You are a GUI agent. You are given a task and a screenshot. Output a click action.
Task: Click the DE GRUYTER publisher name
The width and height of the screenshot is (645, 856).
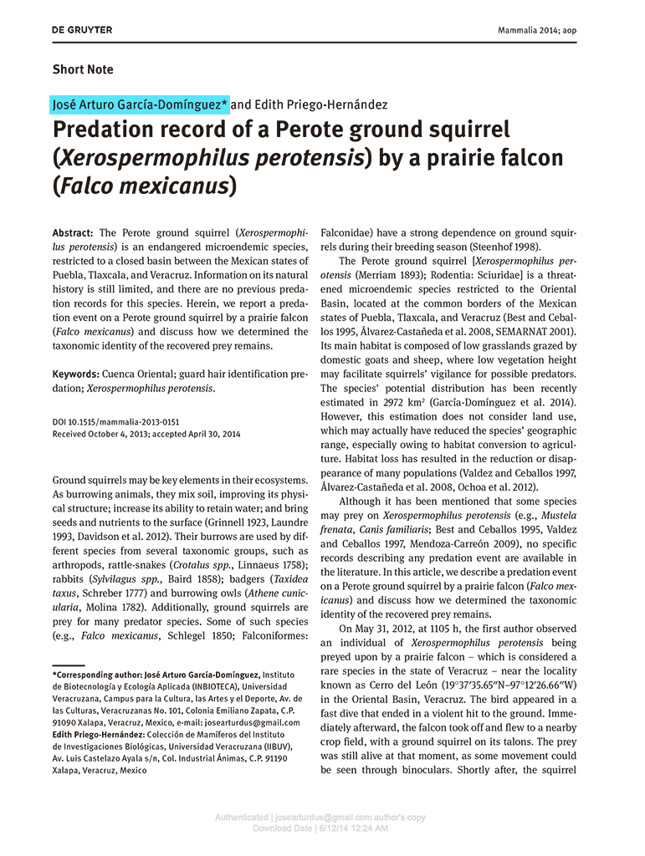click(82, 30)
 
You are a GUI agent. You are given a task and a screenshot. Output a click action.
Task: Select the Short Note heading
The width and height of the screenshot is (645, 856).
click(83, 69)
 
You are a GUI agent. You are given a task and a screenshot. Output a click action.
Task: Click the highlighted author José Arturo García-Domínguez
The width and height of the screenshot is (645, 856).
click(140, 104)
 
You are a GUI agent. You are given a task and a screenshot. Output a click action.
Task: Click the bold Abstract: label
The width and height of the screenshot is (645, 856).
click(73, 232)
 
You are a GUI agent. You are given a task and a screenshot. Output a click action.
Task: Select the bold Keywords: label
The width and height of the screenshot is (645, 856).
click(76, 375)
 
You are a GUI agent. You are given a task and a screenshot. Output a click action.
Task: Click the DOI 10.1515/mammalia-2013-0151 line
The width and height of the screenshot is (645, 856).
click(115, 422)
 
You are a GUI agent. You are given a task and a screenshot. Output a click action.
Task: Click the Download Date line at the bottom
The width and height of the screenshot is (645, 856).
click(320, 828)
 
